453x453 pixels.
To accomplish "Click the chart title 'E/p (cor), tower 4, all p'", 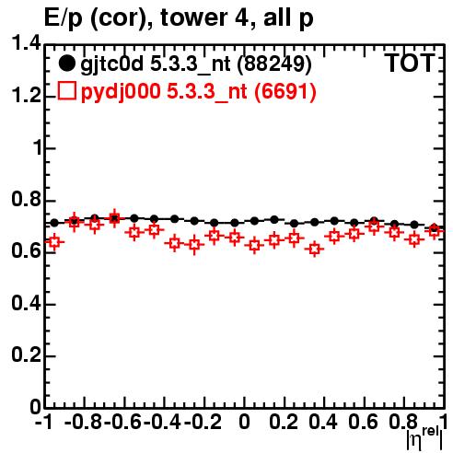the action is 179,18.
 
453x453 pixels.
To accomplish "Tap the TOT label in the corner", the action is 410,64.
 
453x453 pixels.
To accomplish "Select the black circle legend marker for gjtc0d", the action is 66,64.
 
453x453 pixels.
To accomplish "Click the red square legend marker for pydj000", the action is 66,91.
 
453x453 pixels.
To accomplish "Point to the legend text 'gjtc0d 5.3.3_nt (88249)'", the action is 196,64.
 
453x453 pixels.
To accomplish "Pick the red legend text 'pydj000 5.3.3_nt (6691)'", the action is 199,92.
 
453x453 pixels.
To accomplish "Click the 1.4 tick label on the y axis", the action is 26,43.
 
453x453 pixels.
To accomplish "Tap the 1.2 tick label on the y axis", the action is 26,96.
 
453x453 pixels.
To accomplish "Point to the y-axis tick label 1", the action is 38,148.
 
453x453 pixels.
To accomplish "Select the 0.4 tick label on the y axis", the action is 26,303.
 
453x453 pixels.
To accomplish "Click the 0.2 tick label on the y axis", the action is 26,354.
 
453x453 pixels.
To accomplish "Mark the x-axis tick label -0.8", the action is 83,423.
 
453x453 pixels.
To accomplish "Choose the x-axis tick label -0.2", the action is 203,423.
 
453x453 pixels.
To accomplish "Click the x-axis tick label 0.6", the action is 363,423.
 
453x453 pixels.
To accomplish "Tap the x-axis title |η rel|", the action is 425,438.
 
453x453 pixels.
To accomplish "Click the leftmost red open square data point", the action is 54,242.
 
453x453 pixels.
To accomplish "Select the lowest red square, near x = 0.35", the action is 314,249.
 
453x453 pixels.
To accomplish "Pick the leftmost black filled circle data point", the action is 54,223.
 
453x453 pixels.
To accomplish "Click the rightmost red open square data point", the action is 434,231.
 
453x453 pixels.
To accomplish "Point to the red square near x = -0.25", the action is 194,245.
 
